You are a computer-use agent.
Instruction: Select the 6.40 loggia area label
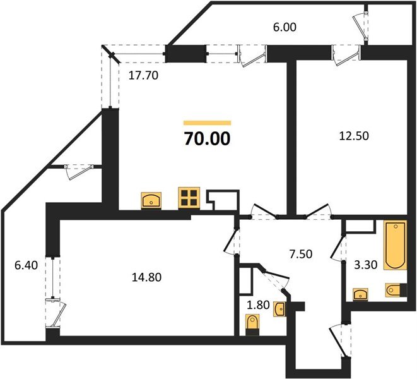25,265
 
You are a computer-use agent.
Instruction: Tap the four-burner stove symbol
189,198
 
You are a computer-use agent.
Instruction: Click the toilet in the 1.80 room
254,327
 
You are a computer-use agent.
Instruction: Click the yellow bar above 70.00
208,123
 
